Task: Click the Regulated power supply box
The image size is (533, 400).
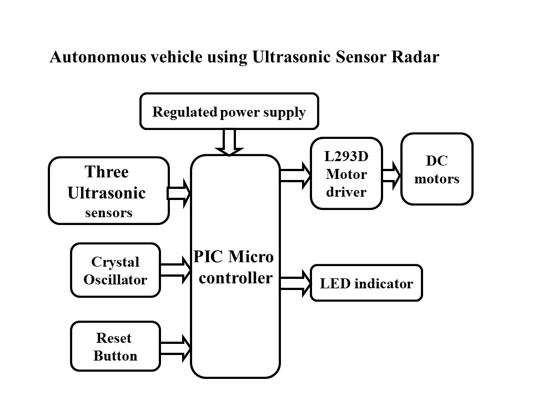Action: coord(229,112)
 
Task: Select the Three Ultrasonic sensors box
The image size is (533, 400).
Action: coord(109,191)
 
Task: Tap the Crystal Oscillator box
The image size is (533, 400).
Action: coord(115,270)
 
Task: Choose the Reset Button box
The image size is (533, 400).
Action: coord(115,347)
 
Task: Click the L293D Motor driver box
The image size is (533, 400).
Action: coord(346,173)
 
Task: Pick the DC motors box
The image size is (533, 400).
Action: coord(436,169)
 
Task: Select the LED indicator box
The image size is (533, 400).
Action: coord(366,283)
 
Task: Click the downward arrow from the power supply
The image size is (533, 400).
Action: coord(228,142)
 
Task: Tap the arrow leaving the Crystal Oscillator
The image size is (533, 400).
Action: coord(175,269)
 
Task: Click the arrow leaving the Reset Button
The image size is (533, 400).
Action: coord(175,347)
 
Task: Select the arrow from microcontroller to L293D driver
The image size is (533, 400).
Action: coord(295,174)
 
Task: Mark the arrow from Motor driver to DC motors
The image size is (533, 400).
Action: coord(391,174)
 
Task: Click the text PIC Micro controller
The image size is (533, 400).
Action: coord(235,267)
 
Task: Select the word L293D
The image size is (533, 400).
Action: coord(346,157)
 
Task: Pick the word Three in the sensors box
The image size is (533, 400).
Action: coord(106,172)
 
